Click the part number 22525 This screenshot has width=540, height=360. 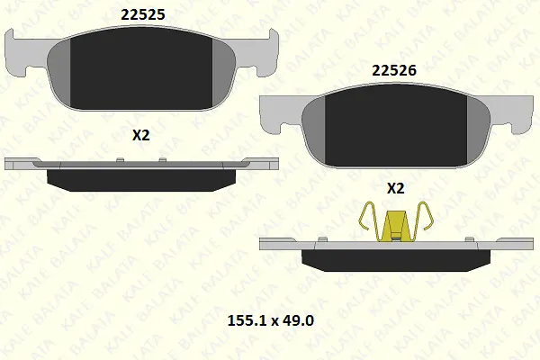(x=143, y=14)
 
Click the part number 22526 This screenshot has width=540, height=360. (x=394, y=70)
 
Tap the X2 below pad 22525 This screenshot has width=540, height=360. (x=141, y=135)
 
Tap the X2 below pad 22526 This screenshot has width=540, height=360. (x=396, y=188)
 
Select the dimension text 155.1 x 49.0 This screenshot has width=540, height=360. (x=271, y=320)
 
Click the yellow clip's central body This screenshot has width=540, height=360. (x=395, y=226)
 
